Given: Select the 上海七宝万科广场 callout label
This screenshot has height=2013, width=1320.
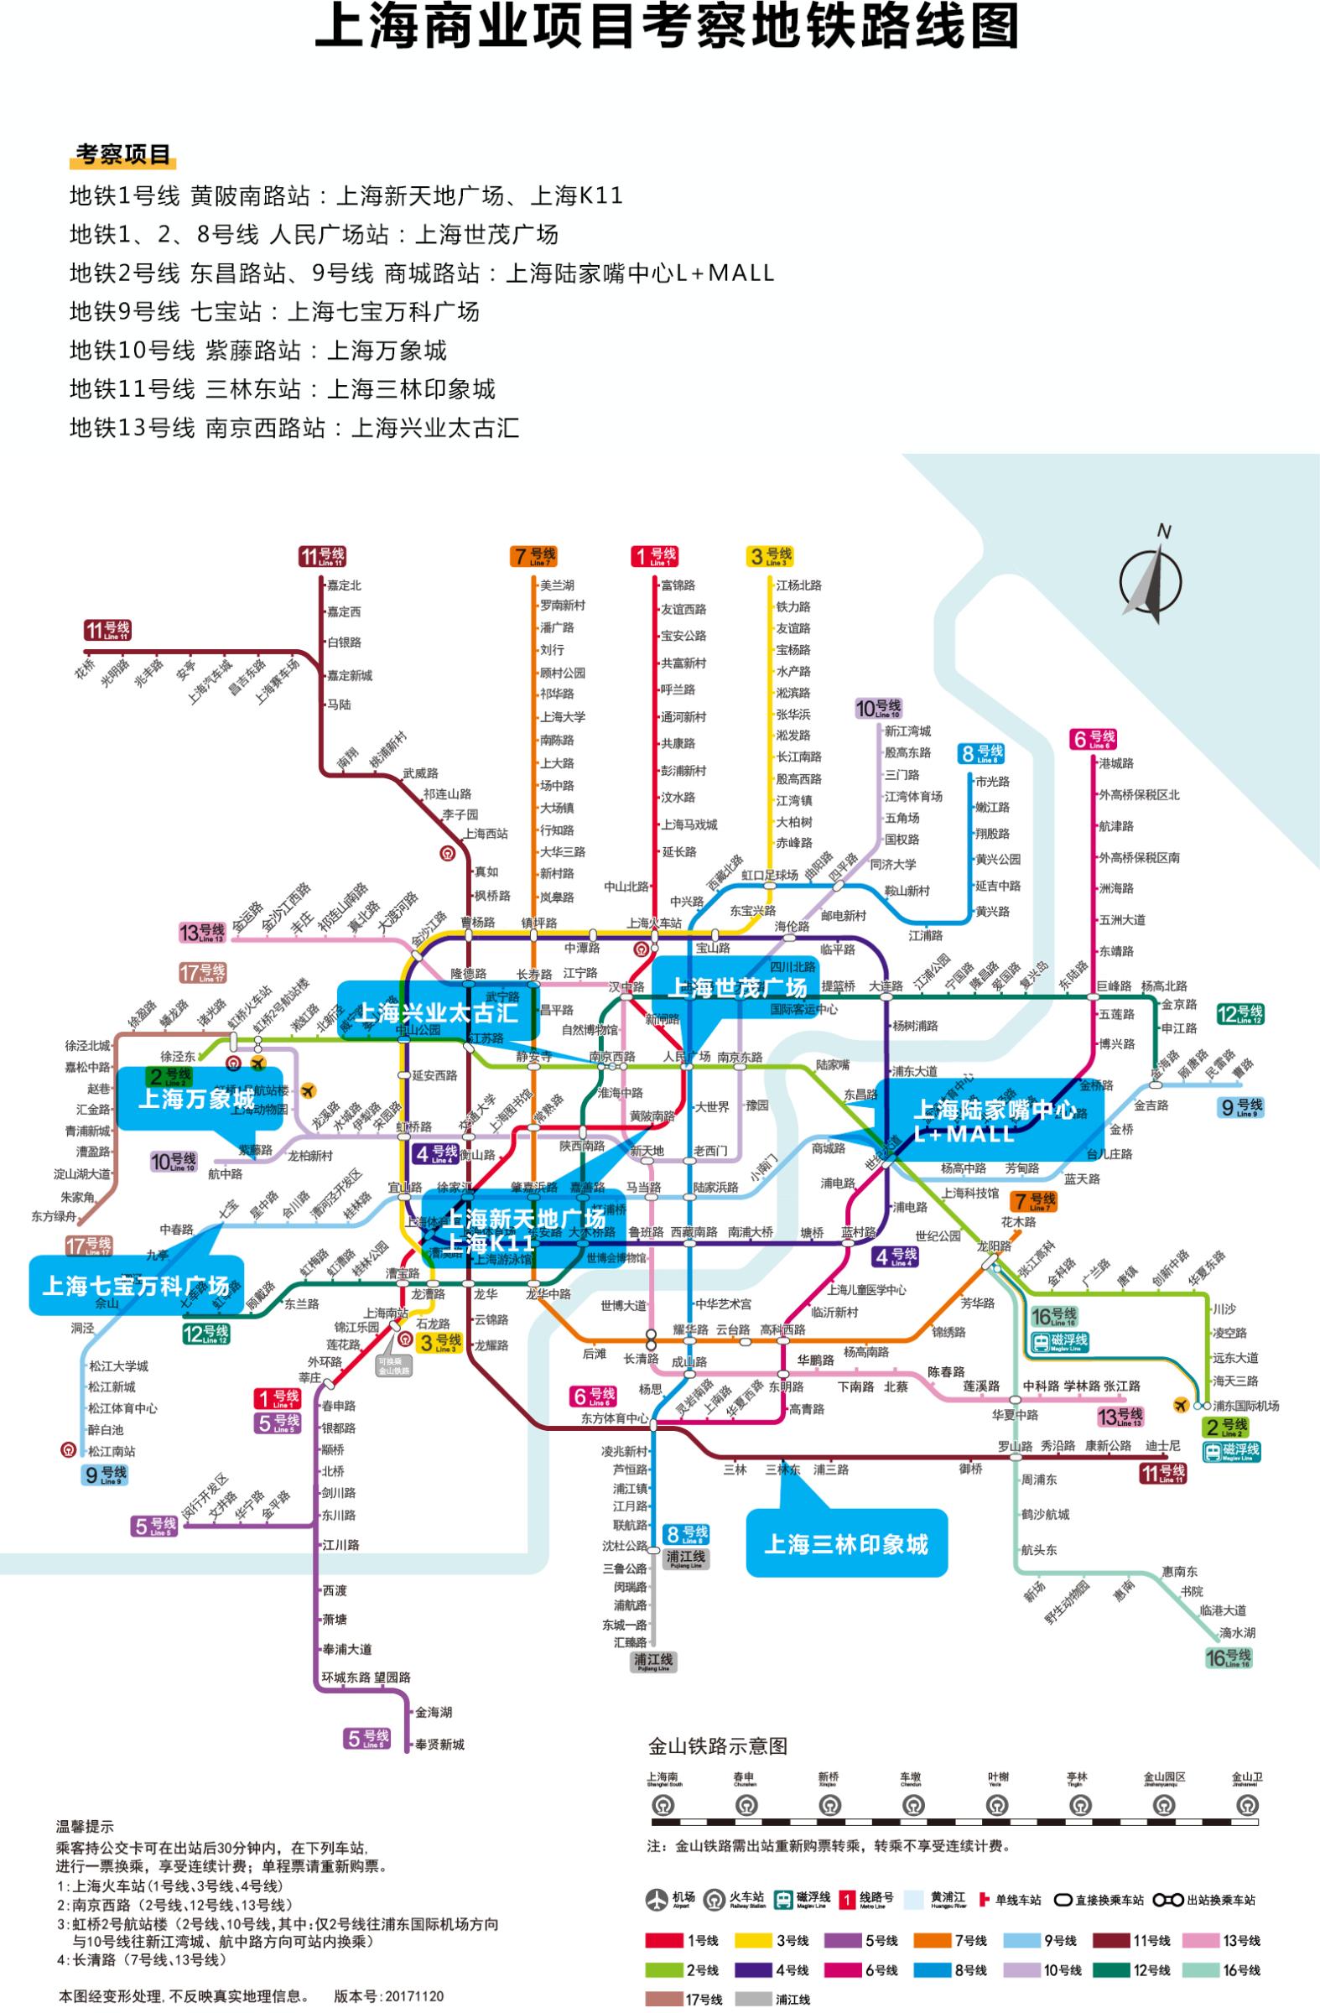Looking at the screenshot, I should pyautogui.click(x=135, y=1287).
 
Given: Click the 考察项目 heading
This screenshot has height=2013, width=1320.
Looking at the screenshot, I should pyautogui.click(x=123, y=155).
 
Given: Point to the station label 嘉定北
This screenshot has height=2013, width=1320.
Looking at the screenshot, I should pyautogui.click(x=344, y=585).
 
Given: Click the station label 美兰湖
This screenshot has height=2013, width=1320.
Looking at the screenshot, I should pyautogui.click(x=557, y=585).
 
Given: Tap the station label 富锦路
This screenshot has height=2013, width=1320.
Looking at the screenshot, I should pyautogui.click(x=678, y=585).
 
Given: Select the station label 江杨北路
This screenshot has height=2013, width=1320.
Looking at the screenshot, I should pyautogui.click(x=799, y=585).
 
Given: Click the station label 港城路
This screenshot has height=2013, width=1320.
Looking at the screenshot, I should pyautogui.click(x=1116, y=764).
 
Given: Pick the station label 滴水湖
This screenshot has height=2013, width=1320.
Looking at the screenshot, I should pyautogui.click(x=1237, y=1632).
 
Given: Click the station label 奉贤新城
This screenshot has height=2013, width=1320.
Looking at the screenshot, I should pyautogui.click(x=439, y=1744).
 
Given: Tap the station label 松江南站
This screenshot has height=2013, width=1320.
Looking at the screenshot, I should pyautogui.click(x=112, y=1451).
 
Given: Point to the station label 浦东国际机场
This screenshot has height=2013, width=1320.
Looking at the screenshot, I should pyautogui.click(x=1245, y=1406).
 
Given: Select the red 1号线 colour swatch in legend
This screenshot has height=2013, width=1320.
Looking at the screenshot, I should pyautogui.click(x=665, y=1940).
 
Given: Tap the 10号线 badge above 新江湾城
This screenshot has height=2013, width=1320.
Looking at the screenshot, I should pyautogui.click(x=879, y=709).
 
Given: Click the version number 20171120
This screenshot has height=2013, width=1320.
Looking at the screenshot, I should pyautogui.click(x=413, y=1996).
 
